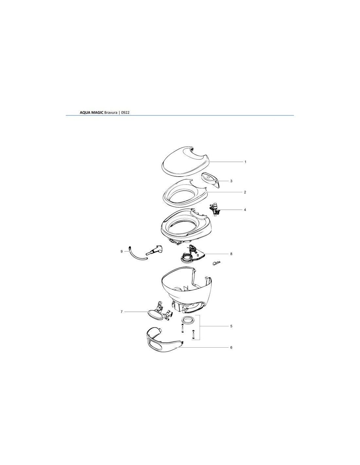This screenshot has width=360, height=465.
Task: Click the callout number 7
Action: click(x=121, y=312)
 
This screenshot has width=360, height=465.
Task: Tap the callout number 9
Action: click(x=121, y=251)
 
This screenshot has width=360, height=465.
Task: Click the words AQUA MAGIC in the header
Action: click(x=92, y=112)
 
